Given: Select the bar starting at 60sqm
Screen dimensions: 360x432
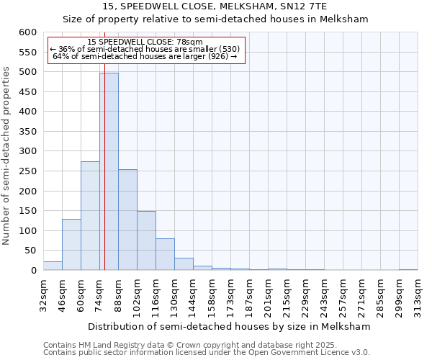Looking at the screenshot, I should point(90,216).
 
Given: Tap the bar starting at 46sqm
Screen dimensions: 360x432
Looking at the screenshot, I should point(71,245).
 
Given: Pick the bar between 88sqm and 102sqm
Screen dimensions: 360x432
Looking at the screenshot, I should point(127,220).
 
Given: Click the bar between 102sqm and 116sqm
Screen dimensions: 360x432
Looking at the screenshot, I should point(146,240).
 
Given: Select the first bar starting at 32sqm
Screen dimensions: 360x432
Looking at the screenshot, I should point(53,266).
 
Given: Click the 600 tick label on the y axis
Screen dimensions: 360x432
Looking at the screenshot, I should point(27,32).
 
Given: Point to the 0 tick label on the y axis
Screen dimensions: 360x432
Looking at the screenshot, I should point(33,271).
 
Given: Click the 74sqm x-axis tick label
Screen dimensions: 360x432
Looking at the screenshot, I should point(100,294).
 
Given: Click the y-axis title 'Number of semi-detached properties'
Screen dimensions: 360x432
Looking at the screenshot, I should point(7,156).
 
